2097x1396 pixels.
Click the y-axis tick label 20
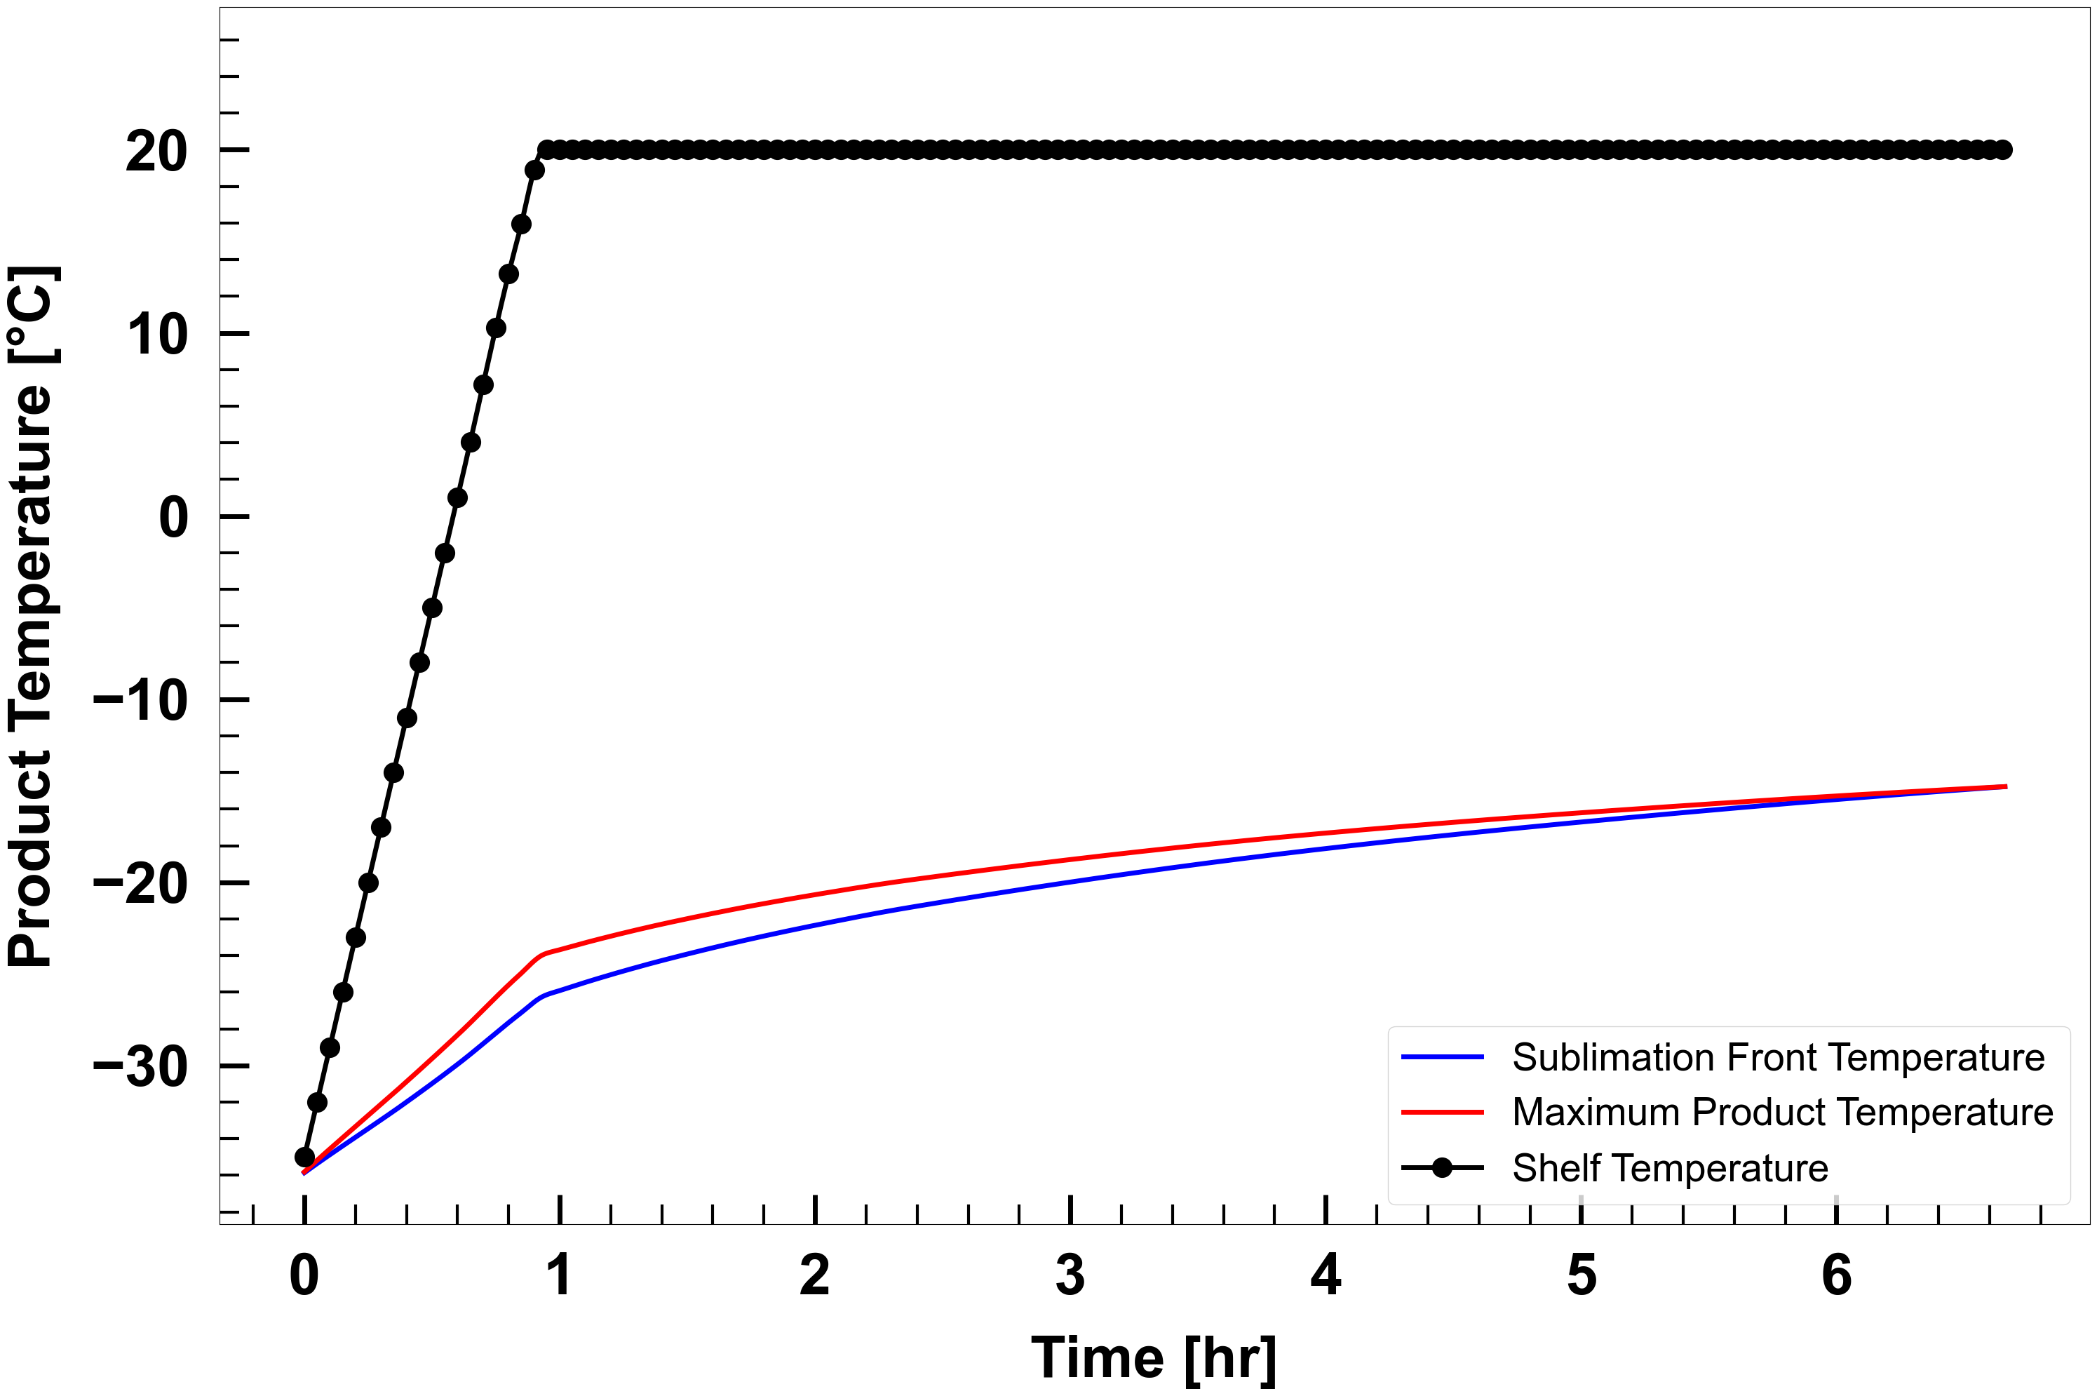(156, 152)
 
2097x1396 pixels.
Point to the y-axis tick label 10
(156, 335)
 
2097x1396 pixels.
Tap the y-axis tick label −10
(141, 702)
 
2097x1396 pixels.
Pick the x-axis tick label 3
(1070, 1276)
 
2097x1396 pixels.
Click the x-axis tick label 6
(1836, 1276)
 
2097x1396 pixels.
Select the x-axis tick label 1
(559, 1276)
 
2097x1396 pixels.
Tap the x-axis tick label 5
(1581, 1276)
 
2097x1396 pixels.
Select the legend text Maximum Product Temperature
(1782, 1113)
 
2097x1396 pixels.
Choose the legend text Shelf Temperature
(1670, 1168)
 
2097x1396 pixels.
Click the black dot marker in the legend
(1442, 1168)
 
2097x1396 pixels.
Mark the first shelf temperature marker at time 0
(304, 1157)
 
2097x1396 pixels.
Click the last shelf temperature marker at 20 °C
(2002, 149)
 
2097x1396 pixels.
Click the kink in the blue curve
(543, 995)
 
